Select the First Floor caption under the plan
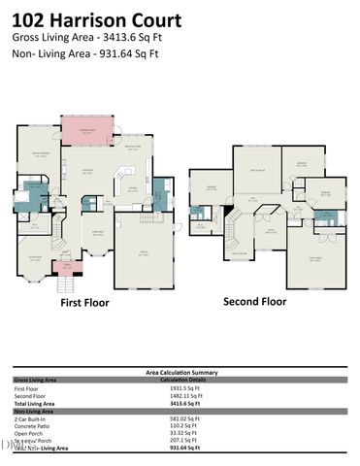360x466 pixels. coord(84,303)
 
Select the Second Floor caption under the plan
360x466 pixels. coord(254,301)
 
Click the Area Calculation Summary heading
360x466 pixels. coord(180,372)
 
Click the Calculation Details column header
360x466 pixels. coord(180,379)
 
